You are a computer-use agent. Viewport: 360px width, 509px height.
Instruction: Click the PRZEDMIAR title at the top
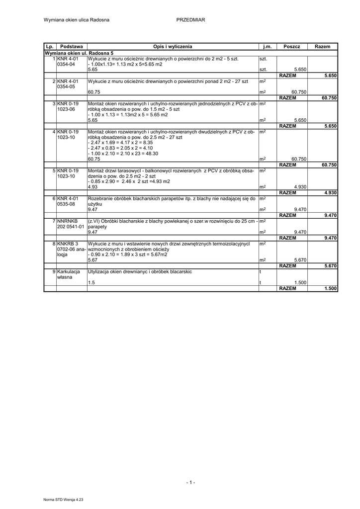coord(190,20)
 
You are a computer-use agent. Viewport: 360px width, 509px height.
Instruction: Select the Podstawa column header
coord(71,46)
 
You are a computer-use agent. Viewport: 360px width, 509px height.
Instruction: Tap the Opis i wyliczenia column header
coord(173,46)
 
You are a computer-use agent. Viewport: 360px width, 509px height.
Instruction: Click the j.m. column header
coord(268,46)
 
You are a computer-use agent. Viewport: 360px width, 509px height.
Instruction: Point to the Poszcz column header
coord(292,46)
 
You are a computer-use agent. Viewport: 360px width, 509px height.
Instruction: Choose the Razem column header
coord(322,46)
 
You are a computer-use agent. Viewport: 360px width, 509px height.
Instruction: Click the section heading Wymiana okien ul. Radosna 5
coord(79,53)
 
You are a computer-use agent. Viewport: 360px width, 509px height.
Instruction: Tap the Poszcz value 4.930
coord(299,187)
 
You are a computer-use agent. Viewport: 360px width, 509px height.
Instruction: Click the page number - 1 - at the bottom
coord(191,482)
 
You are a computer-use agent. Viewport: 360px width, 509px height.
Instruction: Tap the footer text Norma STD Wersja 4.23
coord(64,499)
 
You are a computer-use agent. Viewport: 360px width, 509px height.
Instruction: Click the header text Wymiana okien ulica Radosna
coord(77,20)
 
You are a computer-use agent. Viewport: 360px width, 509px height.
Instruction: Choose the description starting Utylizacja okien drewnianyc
coord(140,272)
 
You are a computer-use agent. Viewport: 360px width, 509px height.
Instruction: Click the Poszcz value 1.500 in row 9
coord(299,283)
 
